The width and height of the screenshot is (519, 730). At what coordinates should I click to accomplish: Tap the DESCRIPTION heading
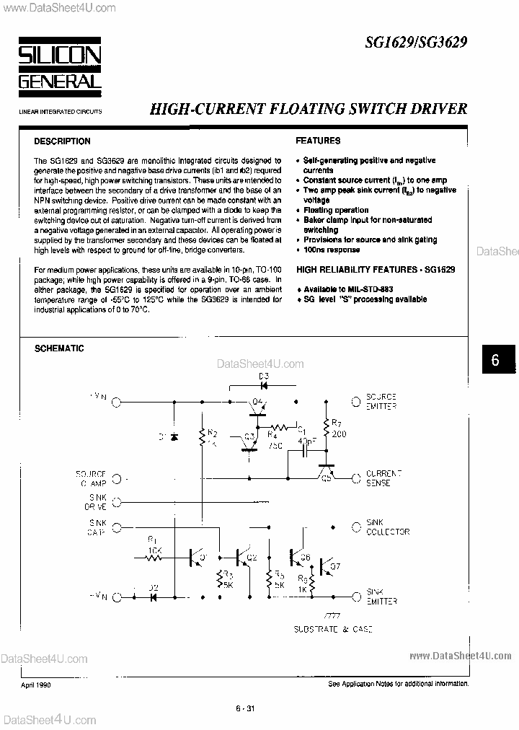63,141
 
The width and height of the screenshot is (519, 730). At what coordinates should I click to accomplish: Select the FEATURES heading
318,141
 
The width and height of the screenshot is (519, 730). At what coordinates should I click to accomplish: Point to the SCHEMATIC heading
60,348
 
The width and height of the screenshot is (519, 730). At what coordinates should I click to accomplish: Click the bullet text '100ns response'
332,250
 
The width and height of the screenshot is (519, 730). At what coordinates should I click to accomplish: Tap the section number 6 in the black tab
495,360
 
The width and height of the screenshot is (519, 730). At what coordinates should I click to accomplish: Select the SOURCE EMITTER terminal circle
355,400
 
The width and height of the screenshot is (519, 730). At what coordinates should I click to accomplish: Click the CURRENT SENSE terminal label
383,478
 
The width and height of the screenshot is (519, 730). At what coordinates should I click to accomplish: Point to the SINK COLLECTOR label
387,527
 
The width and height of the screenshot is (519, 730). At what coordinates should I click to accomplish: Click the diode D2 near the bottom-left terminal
154,597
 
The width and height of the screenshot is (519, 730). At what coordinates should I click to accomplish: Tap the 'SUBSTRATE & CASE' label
333,630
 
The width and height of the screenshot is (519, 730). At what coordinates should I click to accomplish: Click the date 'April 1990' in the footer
35,683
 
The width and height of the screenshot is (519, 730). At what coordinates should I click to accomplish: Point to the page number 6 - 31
244,708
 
